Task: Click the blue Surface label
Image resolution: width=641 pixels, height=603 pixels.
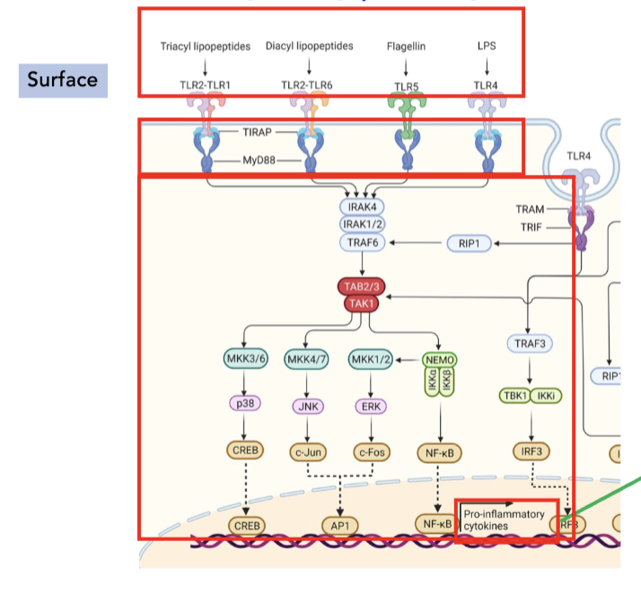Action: [63, 80]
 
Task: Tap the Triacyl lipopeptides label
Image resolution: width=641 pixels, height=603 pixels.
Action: [205, 46]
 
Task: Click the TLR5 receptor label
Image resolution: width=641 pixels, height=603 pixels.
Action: [407, 84]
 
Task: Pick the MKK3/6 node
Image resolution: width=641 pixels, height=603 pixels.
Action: [246, 360]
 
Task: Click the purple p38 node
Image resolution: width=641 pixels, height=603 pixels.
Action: [246, 405]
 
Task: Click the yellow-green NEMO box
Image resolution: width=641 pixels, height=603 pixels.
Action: [437, 360]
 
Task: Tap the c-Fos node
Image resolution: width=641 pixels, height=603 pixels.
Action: [371, 452]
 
